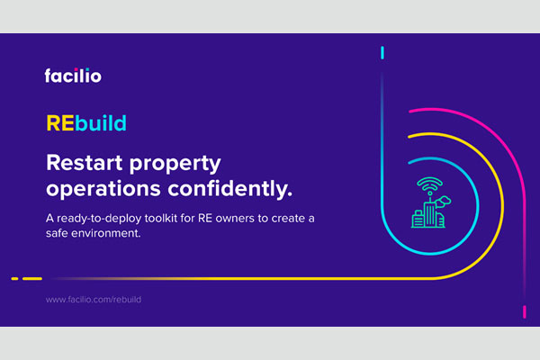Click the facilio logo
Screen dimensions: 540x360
pyautogui.click(x=73, y=76)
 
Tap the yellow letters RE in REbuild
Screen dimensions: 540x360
pyautogui.click(x=60, y=123)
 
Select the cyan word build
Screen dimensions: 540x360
pyautogui.click(x=101, y=123)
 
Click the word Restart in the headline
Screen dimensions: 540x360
pyautogui.click(x=85, y=163)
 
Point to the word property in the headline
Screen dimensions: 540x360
pyautogui.click(x=175, y=165)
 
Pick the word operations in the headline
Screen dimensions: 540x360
pyautogui.click(x=103, y=189)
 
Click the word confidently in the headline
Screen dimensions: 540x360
pyautogui.click(x=230, y=189)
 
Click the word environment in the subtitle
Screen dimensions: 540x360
pyautogui.click(x=104, y=234)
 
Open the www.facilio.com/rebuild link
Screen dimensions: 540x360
pyautogui.click(x=94, y=300)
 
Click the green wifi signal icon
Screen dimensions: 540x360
pyautogui.click(x=430, y=185)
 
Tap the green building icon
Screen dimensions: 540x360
pyautogui.click(x=428, y=214)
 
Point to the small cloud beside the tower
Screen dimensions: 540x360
pyautogui.click(x=443, y=202)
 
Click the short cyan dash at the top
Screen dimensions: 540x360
pyautogui.click(x=382, y=53)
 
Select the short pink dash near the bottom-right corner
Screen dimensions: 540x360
pyautogui.click(x=525, y=312)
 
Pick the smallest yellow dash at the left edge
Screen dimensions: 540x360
pyautogui.click(x=14, y=279)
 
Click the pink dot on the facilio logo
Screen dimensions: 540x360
pyautogui.click(x=76, y=70)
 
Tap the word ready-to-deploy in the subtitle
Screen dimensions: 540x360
pyautogui.click(x=99, y=219)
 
